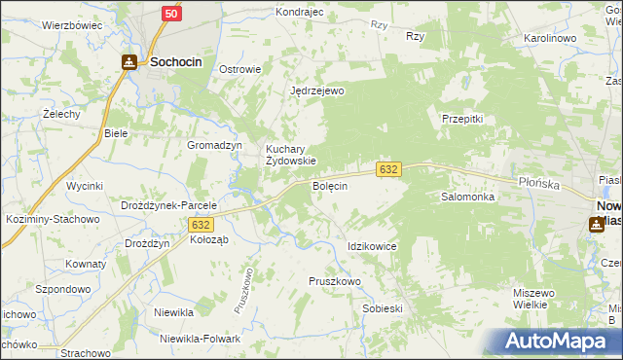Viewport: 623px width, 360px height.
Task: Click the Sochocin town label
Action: (x=176, y=62)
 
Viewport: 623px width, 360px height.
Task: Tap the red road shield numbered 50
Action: (x=171, y=13)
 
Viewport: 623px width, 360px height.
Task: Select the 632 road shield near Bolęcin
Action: (x=388, y=169)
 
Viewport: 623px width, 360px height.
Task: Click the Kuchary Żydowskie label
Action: (x=291, y=155)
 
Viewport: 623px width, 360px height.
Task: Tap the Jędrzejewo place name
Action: (x=317, y=90)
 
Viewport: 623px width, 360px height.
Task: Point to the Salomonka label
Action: (x=468, y=197)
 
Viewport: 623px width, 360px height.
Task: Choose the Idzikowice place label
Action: (x=372, y=246)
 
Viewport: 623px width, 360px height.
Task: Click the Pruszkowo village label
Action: (x=335, y=280)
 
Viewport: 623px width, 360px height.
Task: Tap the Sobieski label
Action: (x=382, y=307)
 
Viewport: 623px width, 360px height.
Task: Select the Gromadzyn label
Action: (x=214, y=145)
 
